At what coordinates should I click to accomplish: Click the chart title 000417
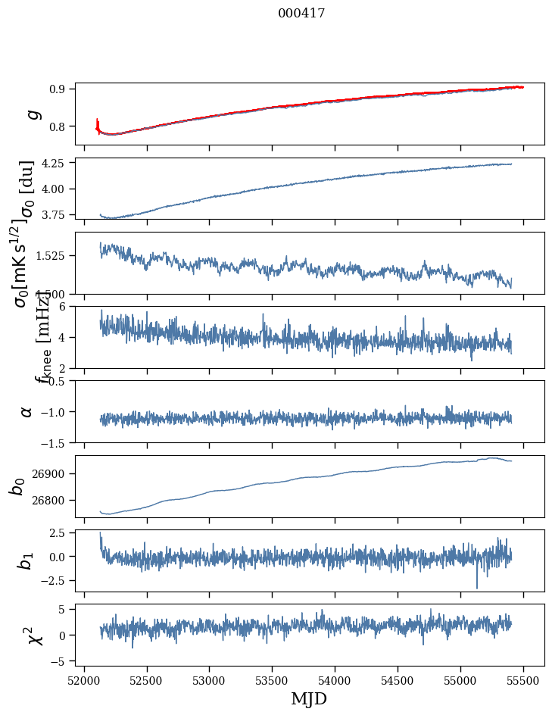pos(280,14)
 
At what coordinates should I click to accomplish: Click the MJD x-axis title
pos(309,698)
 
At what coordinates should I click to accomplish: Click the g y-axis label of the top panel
pos(32,114)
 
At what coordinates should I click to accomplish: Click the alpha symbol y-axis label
pos(27,411)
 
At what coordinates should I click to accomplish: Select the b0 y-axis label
pos(17,486)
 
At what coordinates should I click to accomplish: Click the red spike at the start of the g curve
pos(98,121)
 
